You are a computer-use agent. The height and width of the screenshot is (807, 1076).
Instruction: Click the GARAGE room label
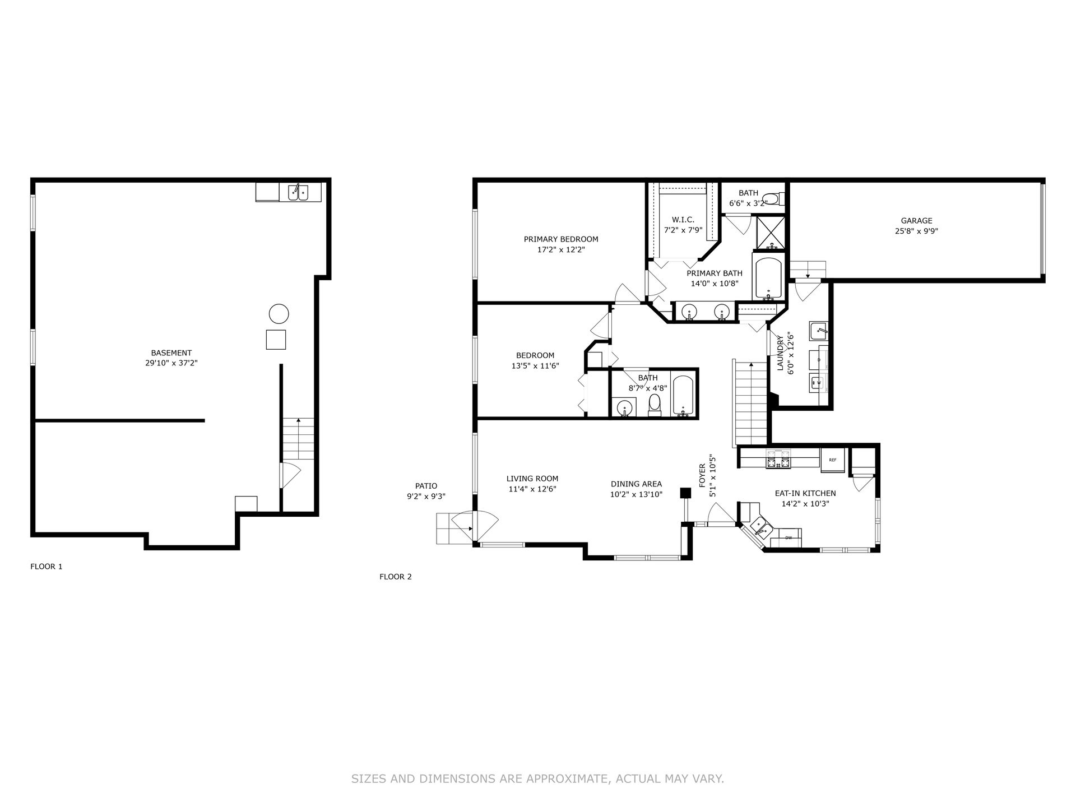click(x=916, y=221)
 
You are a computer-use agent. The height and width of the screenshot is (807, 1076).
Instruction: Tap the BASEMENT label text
click(x=171, y=353)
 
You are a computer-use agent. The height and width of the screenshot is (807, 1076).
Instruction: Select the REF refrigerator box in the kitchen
click(x=832, y=460)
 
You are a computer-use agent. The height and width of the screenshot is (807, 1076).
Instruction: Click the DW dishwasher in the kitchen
click(x=789, y=538)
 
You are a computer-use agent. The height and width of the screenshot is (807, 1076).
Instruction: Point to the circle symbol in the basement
click(x=279, y=314)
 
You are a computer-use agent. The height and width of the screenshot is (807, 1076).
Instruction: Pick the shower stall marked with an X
click(x=771, y=232)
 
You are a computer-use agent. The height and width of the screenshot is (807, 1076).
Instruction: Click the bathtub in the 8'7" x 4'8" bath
click(x=682, y=396)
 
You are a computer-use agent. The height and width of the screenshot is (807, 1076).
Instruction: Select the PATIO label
click(x=426, y=486)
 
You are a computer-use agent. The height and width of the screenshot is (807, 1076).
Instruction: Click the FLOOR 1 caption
click(x=47, y=567)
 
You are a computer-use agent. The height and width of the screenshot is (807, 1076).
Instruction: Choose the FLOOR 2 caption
click(x=396, y=577)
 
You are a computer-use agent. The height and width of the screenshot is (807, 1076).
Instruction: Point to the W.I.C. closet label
click(x=683, y=220)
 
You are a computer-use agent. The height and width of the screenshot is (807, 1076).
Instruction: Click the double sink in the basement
click(x=298, y=193)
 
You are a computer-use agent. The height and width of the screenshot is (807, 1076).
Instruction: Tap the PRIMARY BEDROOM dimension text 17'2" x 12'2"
click(x=561, y=250)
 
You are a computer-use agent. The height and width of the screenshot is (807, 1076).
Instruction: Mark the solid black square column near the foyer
click(x=685, y=493)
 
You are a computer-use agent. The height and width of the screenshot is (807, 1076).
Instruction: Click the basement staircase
click(x=298, y=439)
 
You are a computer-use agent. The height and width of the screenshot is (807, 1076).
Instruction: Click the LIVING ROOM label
click(x=532, y=479)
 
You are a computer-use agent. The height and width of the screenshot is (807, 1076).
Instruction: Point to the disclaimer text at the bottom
click(x=538, y=778)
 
